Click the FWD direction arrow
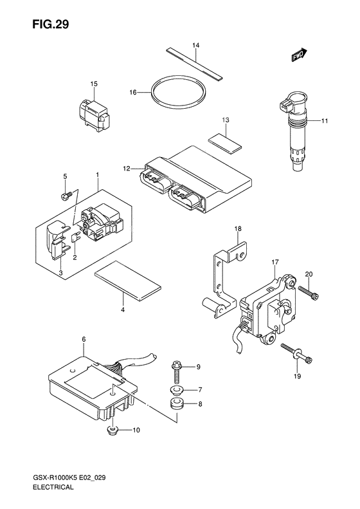299,55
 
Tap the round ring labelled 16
178,93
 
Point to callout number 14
195,45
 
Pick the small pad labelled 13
225,143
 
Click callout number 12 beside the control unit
127,169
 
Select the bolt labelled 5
65,196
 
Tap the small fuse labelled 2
75,239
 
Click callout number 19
297,376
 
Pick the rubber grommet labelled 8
177,404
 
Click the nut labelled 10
113,430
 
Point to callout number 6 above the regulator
84,339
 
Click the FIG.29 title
50,24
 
